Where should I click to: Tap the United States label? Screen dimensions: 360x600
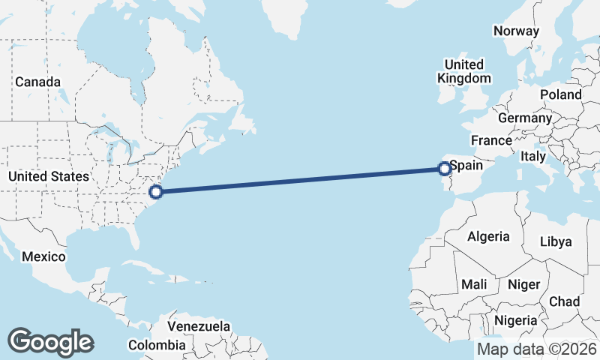coord(48,176)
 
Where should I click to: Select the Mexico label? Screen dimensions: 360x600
coord(43,256)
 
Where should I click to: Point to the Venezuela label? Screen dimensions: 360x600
coord(199,327)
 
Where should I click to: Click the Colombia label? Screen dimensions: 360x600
coord(156,345)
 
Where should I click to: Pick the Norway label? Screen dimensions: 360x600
coord(516,31)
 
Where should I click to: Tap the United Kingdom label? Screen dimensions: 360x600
coord(463,70)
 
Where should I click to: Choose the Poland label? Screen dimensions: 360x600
coord(560,94)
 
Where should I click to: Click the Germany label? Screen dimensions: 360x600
coord(524,118)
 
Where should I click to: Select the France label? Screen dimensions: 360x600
coord(491,140)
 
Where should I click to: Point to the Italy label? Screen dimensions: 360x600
coord(532,157)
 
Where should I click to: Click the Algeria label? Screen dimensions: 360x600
coord(488,236)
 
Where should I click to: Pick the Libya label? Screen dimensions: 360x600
coord(556,241)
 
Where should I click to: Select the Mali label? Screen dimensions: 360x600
coord(474,284)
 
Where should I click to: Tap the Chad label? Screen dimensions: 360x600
coord(564,301)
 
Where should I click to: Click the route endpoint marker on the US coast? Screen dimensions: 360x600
coord(155,191)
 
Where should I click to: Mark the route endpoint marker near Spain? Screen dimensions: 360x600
coord(444,169)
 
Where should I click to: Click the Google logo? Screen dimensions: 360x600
coord(50,342)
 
